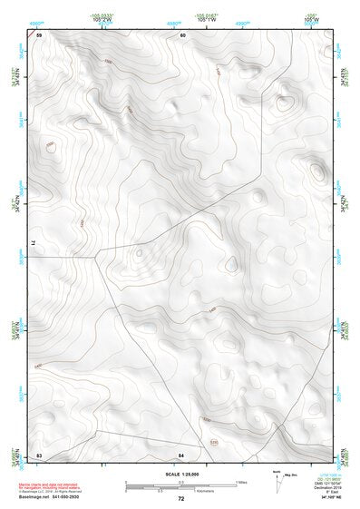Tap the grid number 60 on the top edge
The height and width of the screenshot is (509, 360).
tap(182, 34)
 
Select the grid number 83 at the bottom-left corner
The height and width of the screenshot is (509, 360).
tap(39, 455)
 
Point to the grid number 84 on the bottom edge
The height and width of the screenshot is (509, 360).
tap(181, 455)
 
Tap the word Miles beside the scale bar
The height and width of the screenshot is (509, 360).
tap(241, 482)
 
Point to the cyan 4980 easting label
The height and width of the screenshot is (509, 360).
tap(173, 22)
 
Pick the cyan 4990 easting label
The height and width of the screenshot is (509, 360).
tap(242, 22)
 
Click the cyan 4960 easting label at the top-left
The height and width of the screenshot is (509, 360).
tap(35, 22)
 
